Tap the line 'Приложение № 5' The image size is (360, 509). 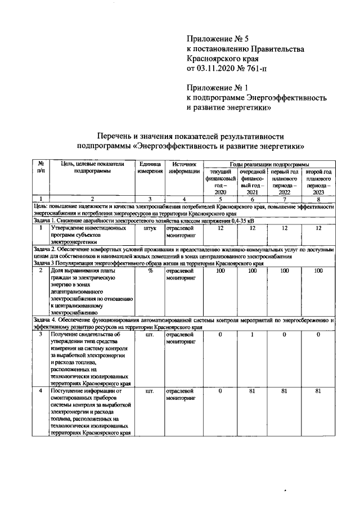coord(217,39)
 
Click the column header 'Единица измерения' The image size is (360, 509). coord(150,167)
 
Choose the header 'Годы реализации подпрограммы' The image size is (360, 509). coord(269,163)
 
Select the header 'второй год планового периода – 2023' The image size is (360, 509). coord(318,181)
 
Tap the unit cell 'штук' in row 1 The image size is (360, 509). coord(150,229)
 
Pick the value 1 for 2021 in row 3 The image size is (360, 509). coord(253,335)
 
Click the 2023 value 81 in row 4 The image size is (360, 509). coord(318,390)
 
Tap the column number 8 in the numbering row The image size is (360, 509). coord(318,199)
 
